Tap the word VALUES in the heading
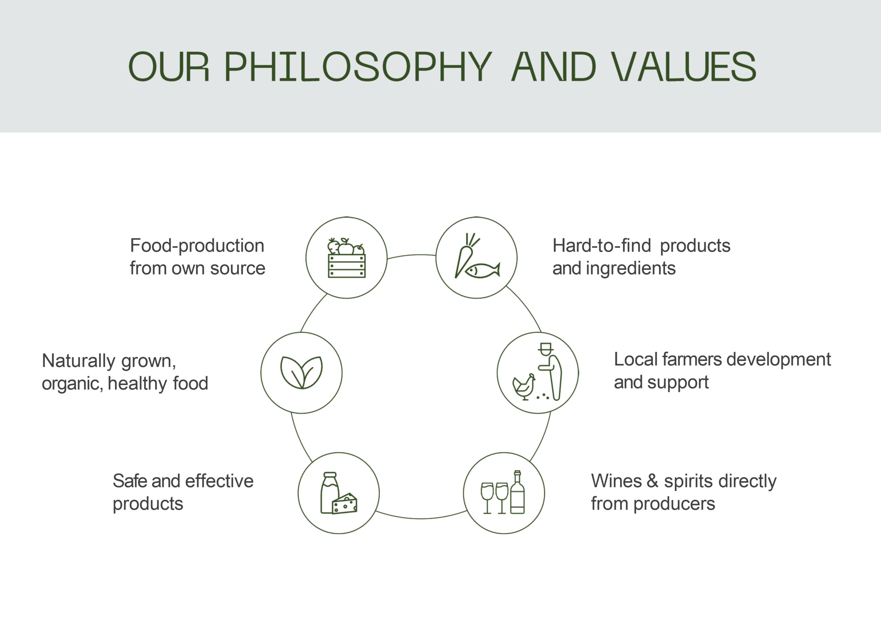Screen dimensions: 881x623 [683, 66]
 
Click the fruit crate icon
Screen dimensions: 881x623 [347, 257]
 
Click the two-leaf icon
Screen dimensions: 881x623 [301, 373]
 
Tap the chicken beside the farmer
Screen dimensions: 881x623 [524, 387]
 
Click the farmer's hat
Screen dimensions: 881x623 [545, 347]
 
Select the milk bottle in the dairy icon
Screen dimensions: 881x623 [330, 493]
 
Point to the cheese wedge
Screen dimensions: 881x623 [344, 504]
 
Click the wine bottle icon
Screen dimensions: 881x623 [517, 492]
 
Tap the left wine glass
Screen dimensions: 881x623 [487, 498]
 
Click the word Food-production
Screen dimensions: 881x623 [197, 246]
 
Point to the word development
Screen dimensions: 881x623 [778, 360]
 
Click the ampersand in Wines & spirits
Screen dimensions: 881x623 [652, 481]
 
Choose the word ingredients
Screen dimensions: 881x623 [631, 269]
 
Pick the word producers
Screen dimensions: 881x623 [674, 504]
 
